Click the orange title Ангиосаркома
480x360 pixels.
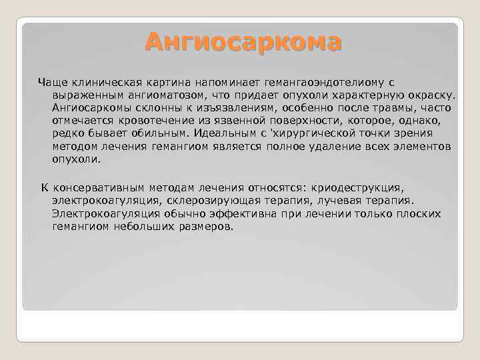point(243,42)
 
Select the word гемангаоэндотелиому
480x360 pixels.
point(334,83)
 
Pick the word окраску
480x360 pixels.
point(432,95)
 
